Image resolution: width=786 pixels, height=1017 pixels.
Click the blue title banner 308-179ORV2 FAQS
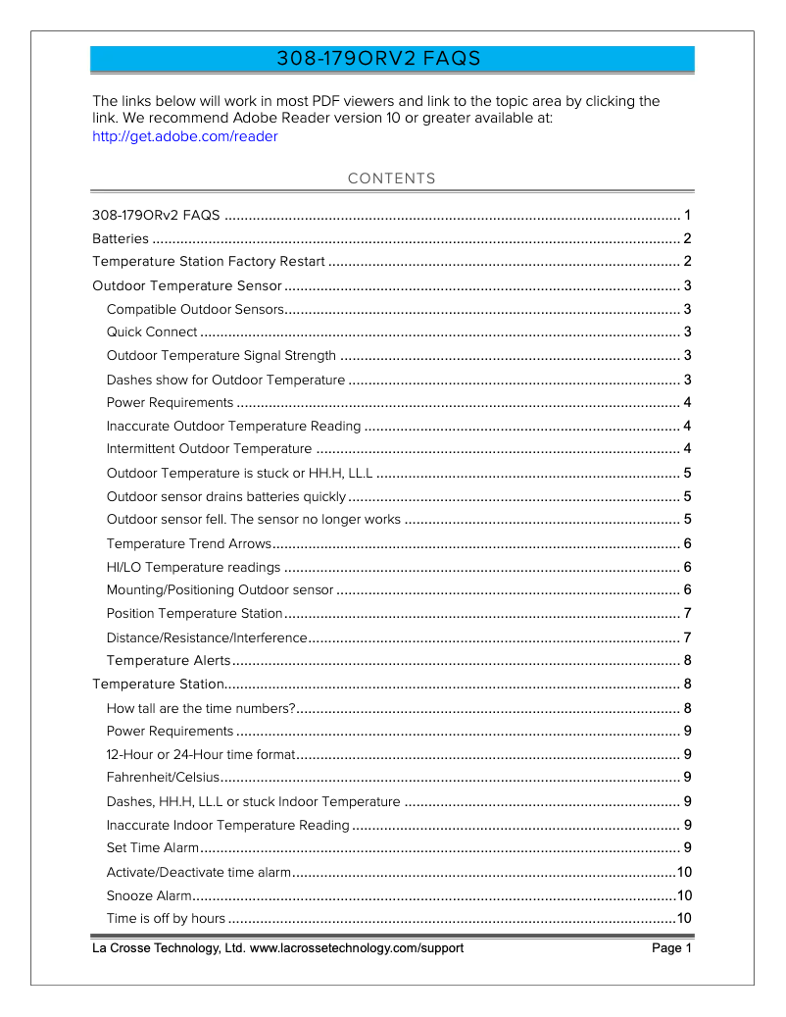[392, 59]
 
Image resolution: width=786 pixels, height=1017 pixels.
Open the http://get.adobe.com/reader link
[184, 136]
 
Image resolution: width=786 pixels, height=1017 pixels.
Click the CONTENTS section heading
[392, 178]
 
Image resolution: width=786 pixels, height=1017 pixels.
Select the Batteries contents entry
[121, 238]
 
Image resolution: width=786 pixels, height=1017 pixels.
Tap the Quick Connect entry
[152, 332]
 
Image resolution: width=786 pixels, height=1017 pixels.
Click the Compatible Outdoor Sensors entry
[195, 309]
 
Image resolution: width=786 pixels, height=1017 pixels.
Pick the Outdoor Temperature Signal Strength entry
[221, 355]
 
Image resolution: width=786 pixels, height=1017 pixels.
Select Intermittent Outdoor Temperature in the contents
[209, 449]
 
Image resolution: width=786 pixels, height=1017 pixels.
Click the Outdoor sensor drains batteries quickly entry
[226, 496]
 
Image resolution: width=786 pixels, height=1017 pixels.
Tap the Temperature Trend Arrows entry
[188, 543]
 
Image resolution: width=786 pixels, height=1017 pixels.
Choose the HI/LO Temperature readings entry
[194, 567]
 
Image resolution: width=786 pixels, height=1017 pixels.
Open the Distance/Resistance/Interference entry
[207, 637]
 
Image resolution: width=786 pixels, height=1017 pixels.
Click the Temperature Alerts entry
[169, 660]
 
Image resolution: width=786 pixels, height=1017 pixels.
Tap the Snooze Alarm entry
[149, 895]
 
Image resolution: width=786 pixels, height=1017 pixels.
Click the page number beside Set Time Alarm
[688, 848]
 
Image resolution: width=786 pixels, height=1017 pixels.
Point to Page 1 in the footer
[671, 948]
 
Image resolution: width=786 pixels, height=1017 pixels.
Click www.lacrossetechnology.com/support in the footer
[357, 948]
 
